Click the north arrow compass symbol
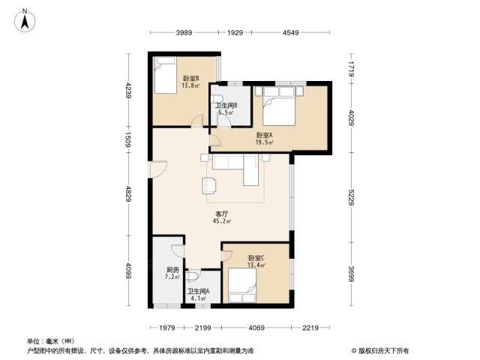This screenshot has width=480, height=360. pos(25,20)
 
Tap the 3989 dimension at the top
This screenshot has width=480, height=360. pos(184,32)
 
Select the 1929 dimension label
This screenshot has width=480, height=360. pos(235,32)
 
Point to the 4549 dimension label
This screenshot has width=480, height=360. pos(290,32)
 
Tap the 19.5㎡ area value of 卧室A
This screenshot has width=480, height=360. pos(265,142)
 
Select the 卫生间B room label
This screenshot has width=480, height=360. pos(226,106)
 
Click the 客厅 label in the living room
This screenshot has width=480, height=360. pos(222,214)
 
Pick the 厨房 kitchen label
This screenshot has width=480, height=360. pos(172,270)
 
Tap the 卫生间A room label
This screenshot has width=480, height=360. pos(198,291)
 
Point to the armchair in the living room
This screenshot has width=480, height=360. pos(209,185)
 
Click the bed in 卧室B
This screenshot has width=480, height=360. pos(166,75)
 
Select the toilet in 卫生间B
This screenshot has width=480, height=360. pos(217,98)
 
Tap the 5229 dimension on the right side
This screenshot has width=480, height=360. pos(352,197)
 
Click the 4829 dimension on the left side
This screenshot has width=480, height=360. pos(128,194)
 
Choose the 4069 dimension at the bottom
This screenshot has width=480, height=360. pos(256,328)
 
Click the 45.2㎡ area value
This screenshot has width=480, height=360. pos(222,221)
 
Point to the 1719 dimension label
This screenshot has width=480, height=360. pos(352,69)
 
